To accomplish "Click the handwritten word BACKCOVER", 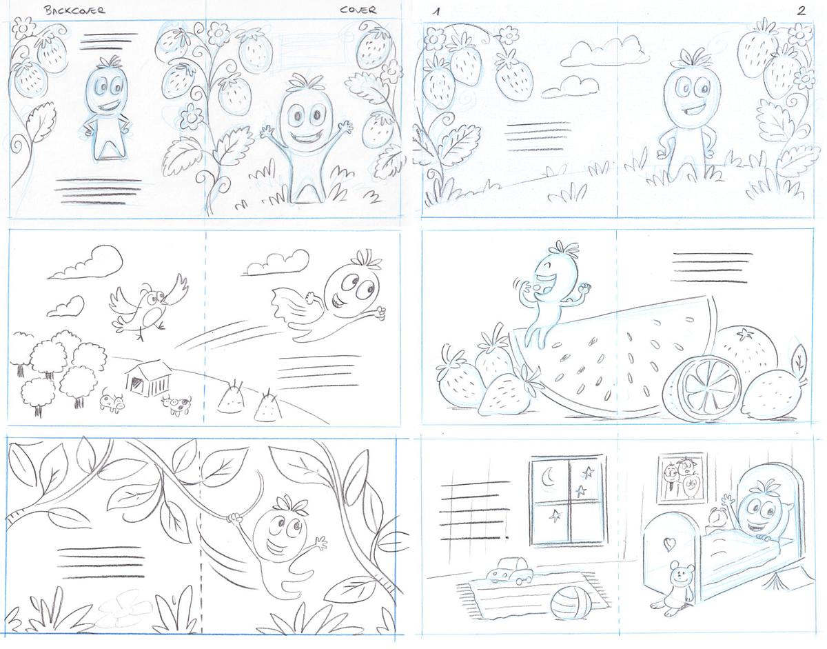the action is [74, 10].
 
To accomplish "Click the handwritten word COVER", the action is [358, 10].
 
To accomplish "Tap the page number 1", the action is [437, 12].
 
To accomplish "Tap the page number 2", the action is [801, 10].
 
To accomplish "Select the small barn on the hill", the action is [149, 379].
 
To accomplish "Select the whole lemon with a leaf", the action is [773, 388].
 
